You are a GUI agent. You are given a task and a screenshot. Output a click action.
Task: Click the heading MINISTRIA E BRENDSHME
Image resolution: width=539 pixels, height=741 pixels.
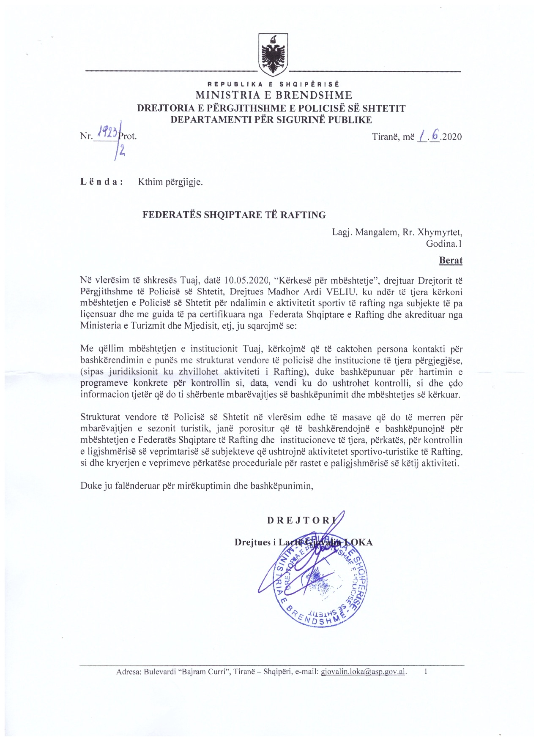(274, 95)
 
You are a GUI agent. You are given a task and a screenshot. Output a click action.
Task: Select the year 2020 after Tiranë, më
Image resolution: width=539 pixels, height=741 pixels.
(451, 137)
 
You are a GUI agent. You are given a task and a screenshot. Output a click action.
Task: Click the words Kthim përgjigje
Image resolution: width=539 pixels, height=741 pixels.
(170, 183)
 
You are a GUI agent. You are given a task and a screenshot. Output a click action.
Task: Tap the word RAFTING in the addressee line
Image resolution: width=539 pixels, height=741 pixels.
(303, 215)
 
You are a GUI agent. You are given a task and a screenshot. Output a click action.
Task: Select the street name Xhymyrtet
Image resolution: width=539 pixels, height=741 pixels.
(440, 232)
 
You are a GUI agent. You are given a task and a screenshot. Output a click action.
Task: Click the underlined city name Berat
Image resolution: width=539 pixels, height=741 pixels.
(451, 260)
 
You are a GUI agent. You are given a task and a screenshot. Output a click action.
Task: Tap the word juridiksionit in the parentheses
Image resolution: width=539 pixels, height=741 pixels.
(133, 372)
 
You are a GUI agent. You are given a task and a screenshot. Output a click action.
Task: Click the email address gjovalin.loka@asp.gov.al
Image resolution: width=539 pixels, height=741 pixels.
(363, 672)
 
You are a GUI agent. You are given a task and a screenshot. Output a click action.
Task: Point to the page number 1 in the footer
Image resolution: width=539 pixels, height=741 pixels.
(426, 671)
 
